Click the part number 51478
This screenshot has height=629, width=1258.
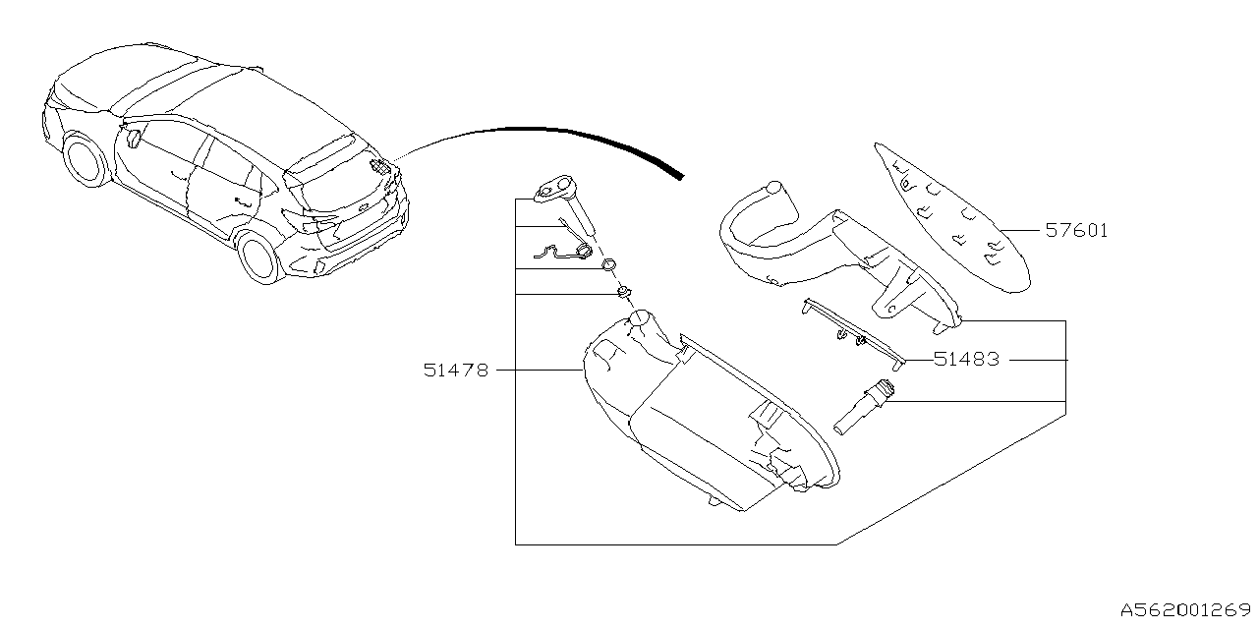tap(456, 371)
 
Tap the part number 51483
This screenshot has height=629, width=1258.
tap(966, 360)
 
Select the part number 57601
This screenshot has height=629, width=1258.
tap(1076, 232)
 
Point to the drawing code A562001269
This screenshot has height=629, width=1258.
tap(1184, 608)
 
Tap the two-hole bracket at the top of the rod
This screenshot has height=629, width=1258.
tap(556, 189)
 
